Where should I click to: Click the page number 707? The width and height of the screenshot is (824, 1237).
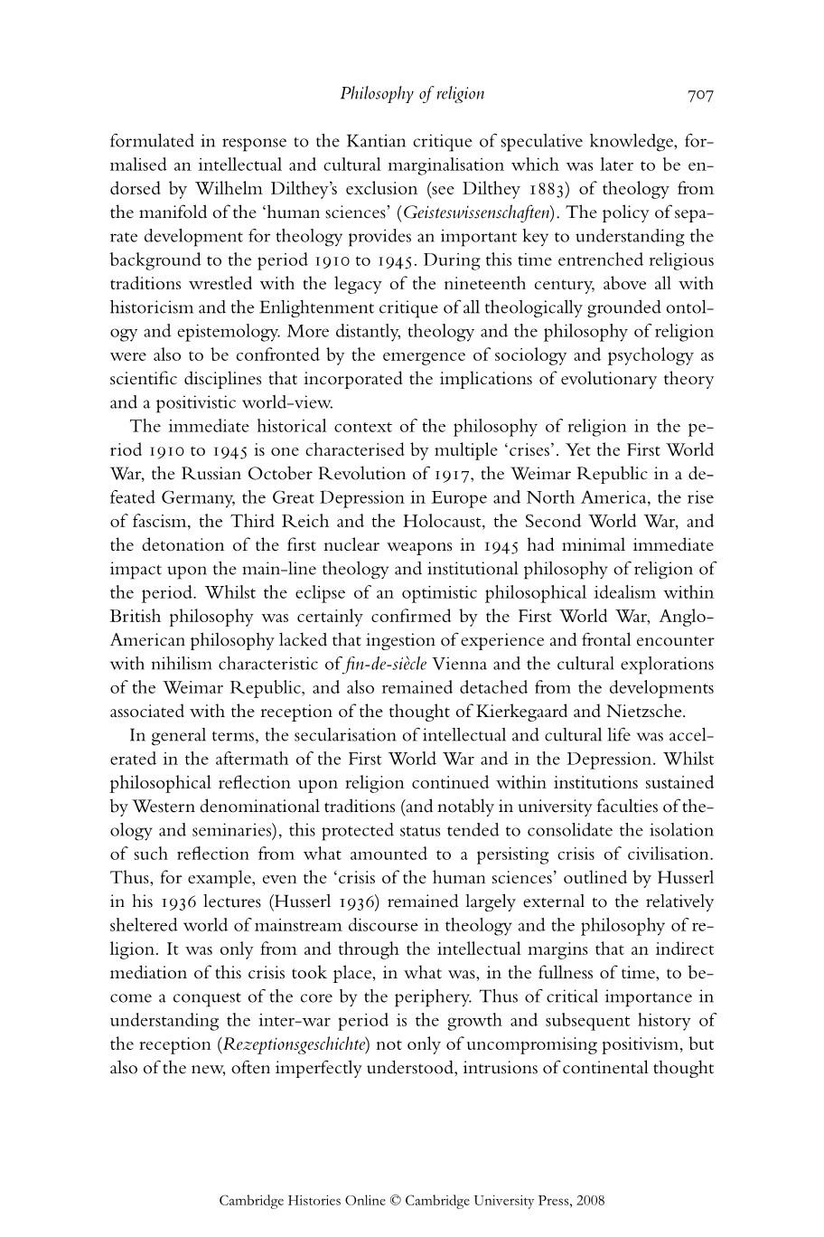point(700,94)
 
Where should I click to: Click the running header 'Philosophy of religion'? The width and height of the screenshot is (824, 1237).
point(412,93)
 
